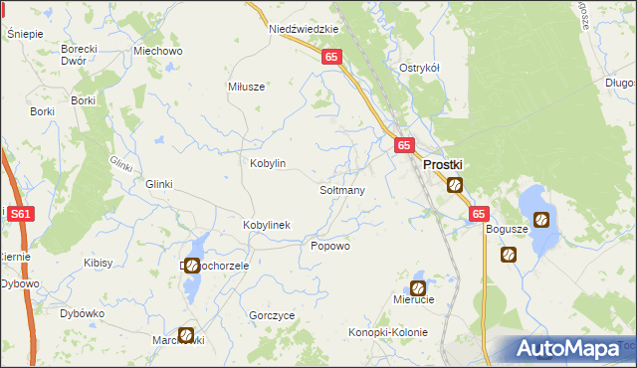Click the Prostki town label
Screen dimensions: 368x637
coord(447,166)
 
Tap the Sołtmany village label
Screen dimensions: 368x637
coord(342,189)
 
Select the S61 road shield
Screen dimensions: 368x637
coord(19,213)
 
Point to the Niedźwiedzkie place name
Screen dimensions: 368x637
coord(300,30)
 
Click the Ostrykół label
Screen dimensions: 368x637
coord(420,68)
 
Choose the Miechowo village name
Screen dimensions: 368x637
coord(157,51)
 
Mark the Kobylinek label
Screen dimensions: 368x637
coord(267,225)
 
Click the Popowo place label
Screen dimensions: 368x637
coord(331,246)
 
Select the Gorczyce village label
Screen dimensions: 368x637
coord(273,315)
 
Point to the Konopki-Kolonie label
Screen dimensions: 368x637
coord(388,331)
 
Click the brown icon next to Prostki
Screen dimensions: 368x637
coord(455,184)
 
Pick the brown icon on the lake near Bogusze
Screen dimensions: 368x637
coord(541,220)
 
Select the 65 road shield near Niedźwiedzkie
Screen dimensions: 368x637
coord(332,59)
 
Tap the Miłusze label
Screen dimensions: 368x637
coord(247,87)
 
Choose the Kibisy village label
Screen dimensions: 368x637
coord(99,264)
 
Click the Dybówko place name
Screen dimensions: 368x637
coord(83,313)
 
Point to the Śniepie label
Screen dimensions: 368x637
coord(25,34)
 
